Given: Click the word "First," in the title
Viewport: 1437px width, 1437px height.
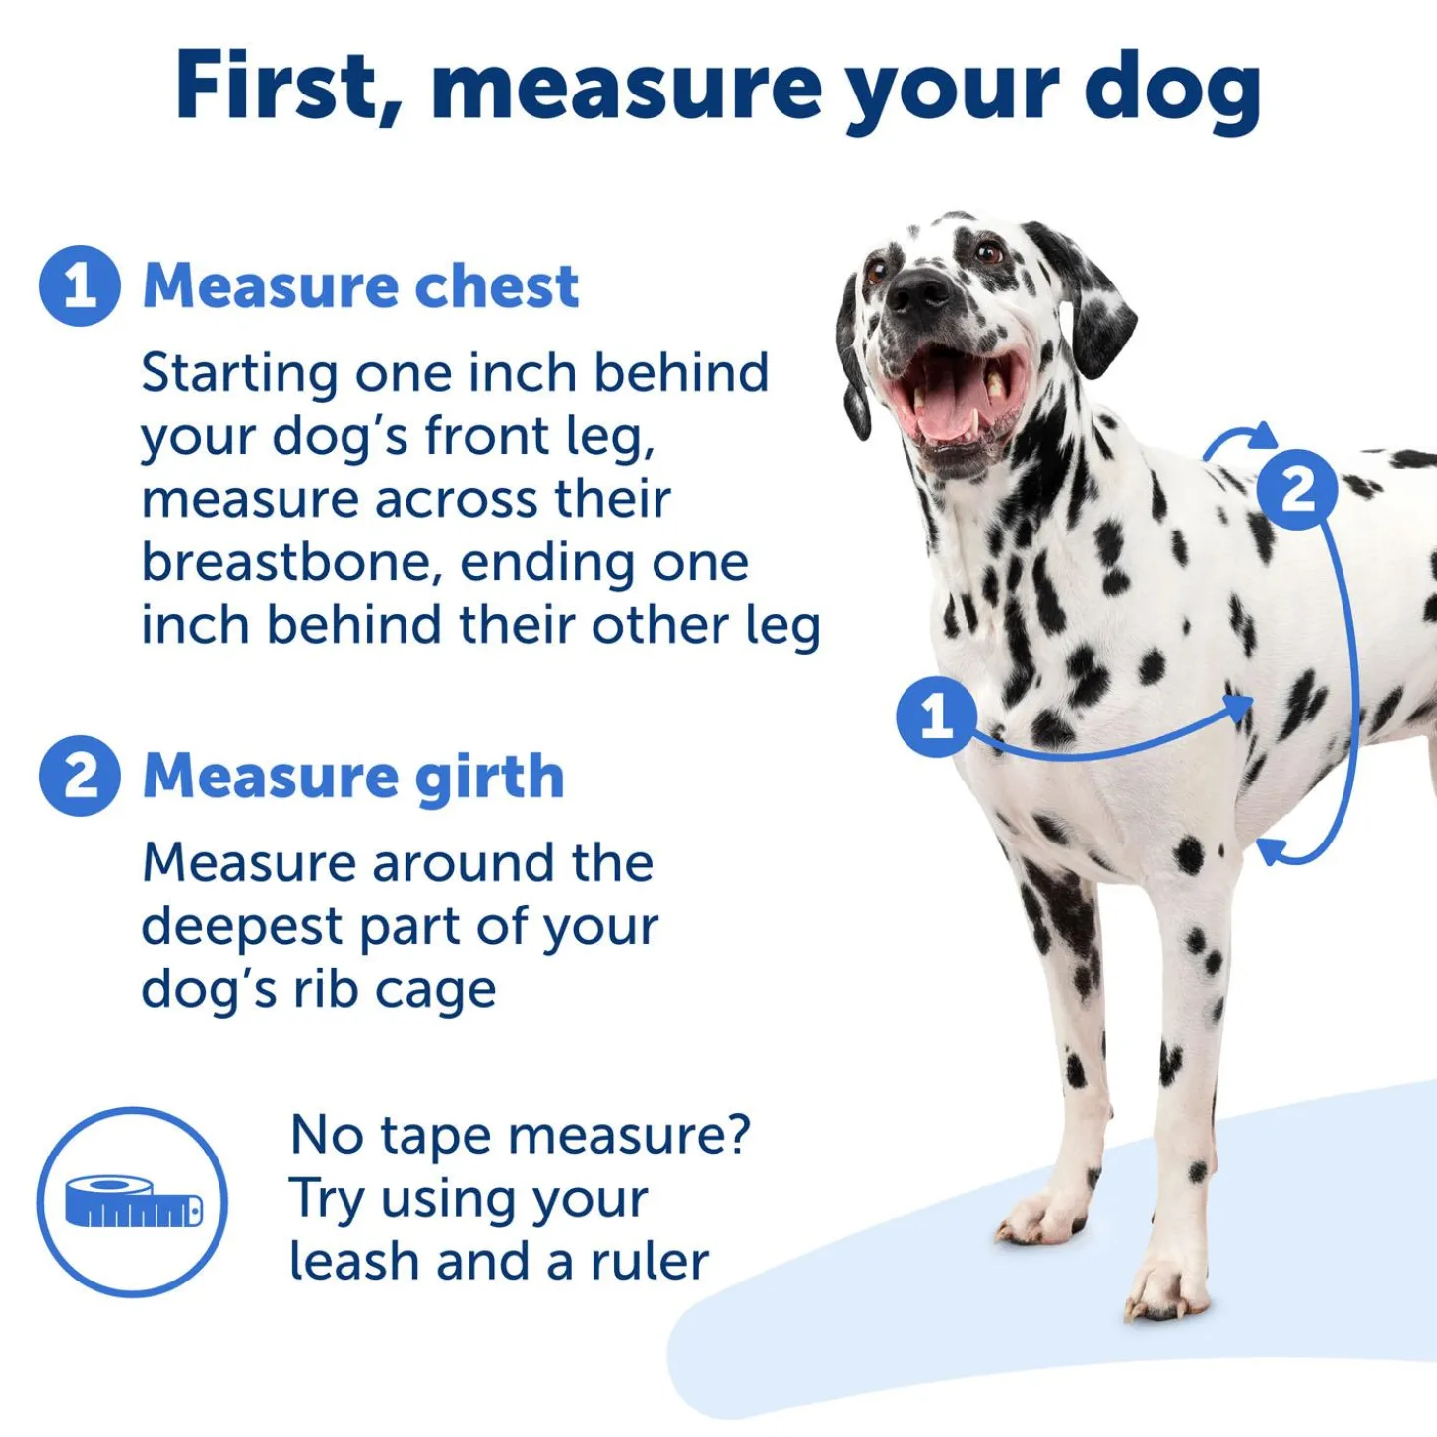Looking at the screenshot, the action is click(286, 85).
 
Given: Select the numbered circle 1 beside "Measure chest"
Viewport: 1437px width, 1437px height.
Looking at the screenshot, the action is click(80, 285).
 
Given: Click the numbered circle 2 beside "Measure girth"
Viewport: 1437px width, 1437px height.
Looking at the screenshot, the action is click(80, 776).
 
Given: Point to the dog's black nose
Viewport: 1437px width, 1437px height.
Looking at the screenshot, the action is click(918, 290).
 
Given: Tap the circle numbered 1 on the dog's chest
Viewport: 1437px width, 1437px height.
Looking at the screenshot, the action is click(937, 717).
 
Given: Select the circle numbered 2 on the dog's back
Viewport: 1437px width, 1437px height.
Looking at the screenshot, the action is click(1297, 490).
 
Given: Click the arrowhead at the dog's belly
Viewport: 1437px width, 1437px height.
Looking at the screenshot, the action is click(1271, 851).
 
